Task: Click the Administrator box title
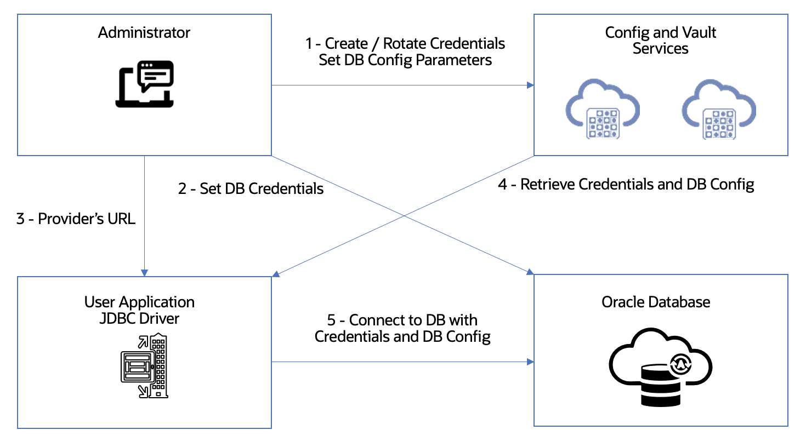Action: click(144, 33)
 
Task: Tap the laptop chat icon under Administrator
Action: click(145, 84)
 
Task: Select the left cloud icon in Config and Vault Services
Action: click(603, 108)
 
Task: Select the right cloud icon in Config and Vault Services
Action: click(719, 108)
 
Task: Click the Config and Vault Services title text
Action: click(660, 40)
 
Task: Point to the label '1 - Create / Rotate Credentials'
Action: click(405, 43)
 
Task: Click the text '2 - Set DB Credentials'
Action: click(251, 188)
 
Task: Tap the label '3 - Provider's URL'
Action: click(76, 219)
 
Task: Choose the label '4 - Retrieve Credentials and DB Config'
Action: click(626, 184)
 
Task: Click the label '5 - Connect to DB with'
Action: click(402, 320)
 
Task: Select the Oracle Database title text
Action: click(656, 302)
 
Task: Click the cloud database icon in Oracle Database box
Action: click(660, 366)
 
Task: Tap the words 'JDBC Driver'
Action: click(139, 318)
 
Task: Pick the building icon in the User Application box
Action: click(145, 365)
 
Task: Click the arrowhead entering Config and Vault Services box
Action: click(530, 85)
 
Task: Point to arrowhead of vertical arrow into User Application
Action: click(144, 272)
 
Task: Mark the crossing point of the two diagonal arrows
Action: click(404, 216)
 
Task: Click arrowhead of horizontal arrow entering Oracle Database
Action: click(530, 362)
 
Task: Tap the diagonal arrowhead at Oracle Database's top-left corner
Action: click(530, 272)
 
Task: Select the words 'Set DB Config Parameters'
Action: click(405, 60)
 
